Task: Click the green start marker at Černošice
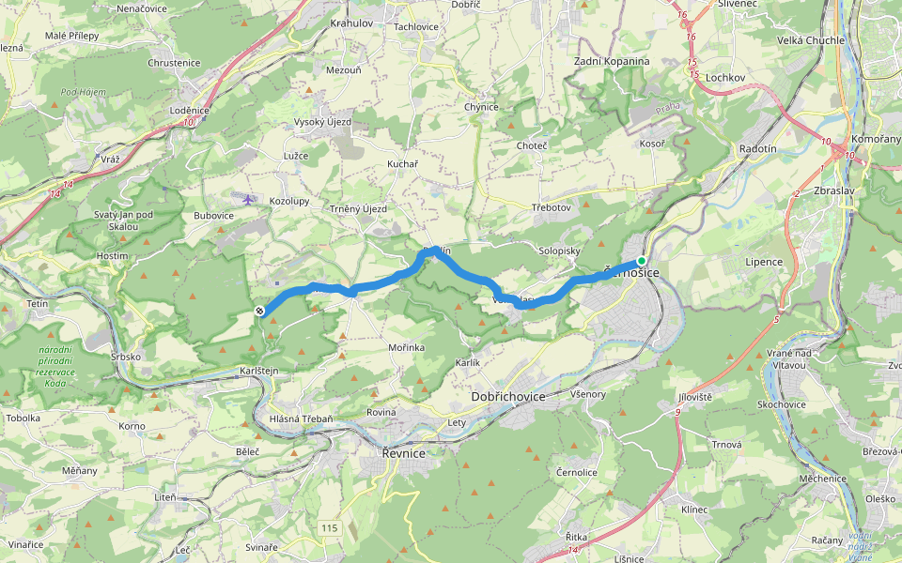(642, 261)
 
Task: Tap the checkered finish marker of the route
(259, 312)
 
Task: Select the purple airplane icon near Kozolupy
(247, 199)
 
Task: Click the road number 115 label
(328, 529)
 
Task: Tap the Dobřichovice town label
(508, 397)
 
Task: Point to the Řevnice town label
(403, 453)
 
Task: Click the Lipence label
(764, 262)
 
